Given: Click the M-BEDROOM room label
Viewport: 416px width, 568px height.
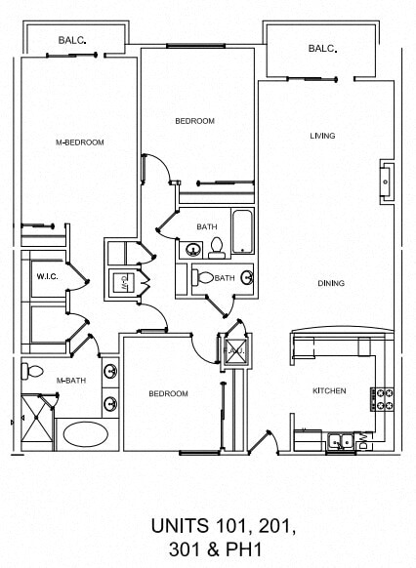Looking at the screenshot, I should (80, 142).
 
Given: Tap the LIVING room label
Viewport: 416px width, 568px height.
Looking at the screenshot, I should (322, 136).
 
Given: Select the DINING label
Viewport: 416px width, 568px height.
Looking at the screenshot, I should (331, 283).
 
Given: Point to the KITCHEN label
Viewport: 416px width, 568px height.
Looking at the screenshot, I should (329, 390).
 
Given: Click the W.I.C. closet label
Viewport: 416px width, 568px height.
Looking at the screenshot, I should (48, 277).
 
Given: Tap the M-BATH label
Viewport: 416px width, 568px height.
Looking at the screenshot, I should (68, 381).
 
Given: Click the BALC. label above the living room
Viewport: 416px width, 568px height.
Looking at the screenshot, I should (322, 49).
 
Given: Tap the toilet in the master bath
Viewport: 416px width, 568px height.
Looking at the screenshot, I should (33, 371).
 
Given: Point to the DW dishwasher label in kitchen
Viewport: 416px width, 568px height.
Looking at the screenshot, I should (363, 443).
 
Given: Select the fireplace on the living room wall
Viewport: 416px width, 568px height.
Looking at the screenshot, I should (387, 181).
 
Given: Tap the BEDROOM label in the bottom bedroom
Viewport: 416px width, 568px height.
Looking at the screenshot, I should (168, 394).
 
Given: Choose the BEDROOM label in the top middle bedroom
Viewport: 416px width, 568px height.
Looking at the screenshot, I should (194, 121).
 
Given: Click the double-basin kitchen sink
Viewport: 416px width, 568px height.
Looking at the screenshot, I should (341, 440).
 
